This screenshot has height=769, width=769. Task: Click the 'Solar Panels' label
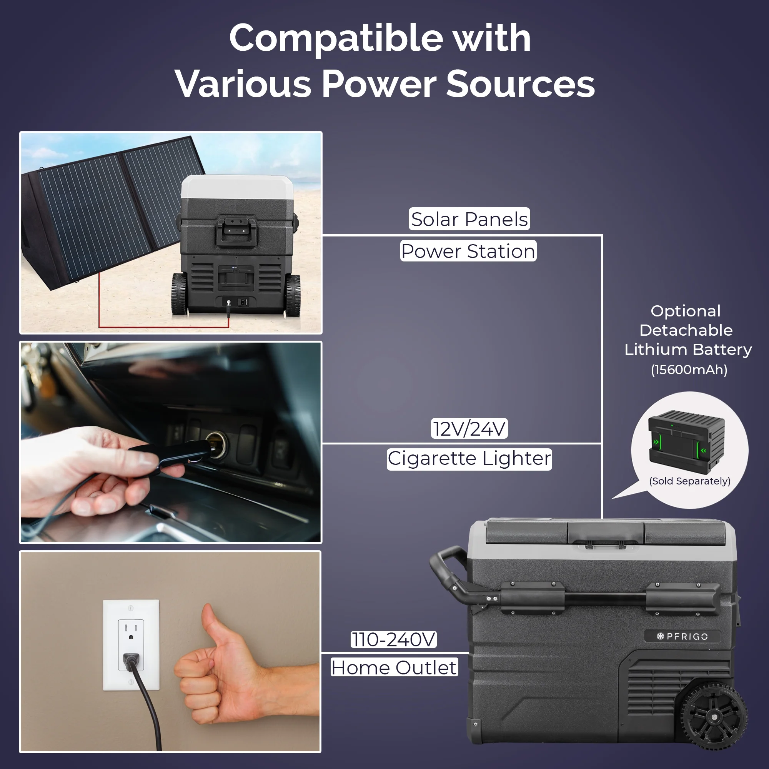[x=469, y=219]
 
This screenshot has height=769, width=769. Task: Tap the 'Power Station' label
[x=468, y=251]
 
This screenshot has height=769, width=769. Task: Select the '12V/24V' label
[x=469, y=429]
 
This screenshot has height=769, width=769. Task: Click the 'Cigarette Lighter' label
[x=469, y=459]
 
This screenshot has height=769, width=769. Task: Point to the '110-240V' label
[x=393, y=640]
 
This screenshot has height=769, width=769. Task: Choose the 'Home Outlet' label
[x=394, y=667]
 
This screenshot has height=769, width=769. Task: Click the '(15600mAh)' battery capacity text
[x=689, y=370]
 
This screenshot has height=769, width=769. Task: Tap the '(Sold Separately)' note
[x=689, y=481]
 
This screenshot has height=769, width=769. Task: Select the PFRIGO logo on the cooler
[x=682, y=636]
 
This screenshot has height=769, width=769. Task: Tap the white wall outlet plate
[x=131, y=645]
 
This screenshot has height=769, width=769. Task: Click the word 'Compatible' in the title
[x=336, y=38]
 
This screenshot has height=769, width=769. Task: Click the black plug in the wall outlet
[x=131, y=661]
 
